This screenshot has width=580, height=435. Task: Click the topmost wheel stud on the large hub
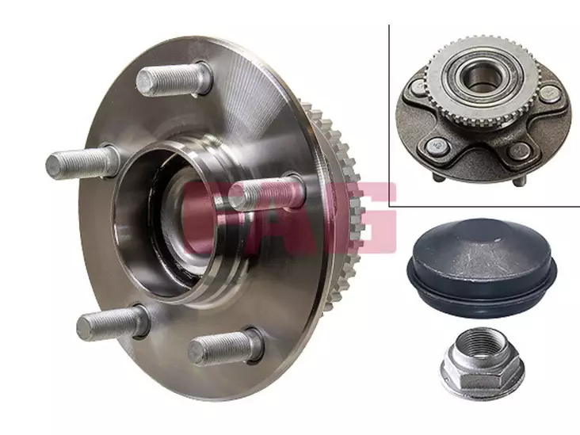[174, 79]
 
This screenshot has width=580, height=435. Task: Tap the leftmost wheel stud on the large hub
[82, 162]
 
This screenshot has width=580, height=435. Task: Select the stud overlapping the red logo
[267, 193]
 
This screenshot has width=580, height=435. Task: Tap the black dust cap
[482, 267]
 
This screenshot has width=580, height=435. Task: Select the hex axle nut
[483, 364]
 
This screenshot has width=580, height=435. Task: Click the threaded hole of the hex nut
[479, 344]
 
